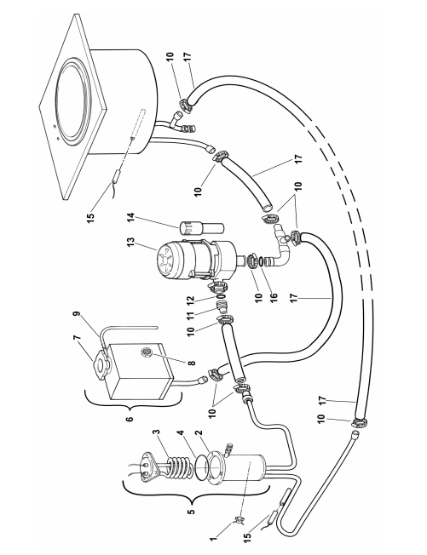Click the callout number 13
pos(130,243)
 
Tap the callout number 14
pos(130,218)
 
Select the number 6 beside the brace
pos(130,419)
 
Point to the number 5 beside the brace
pos(192,512)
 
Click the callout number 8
pos(193,363)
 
